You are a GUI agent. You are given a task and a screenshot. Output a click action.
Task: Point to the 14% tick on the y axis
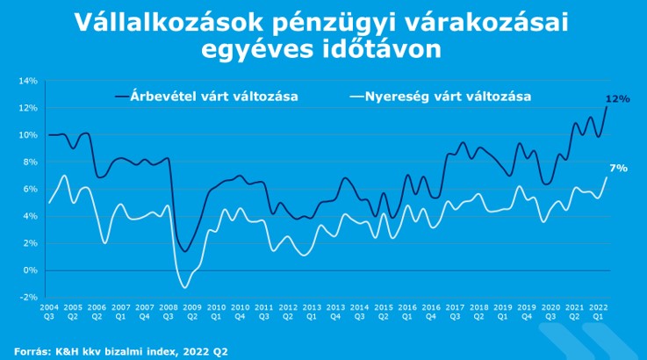click(28, 81)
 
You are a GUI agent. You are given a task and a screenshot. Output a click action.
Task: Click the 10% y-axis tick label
click(28, 135)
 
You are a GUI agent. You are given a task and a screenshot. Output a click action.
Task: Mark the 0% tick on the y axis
click(30, 270)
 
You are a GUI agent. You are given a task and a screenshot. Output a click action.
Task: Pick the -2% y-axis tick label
click(29, 298)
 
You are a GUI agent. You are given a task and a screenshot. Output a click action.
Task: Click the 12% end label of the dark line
click(618, 99)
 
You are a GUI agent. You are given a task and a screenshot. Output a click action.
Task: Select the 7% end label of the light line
click(618, 167)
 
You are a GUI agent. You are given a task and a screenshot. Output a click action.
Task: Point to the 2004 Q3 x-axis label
click(49, 312)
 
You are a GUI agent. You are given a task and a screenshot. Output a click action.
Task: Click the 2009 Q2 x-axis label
click(192, 312)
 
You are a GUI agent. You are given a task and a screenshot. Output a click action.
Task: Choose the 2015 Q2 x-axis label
click(383, 312)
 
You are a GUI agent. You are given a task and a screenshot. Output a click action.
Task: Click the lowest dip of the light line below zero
click(184, 287)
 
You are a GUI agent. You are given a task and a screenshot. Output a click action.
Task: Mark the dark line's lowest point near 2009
click(185, 252)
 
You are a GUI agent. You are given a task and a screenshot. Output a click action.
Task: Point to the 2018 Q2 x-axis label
click(478, 312)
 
